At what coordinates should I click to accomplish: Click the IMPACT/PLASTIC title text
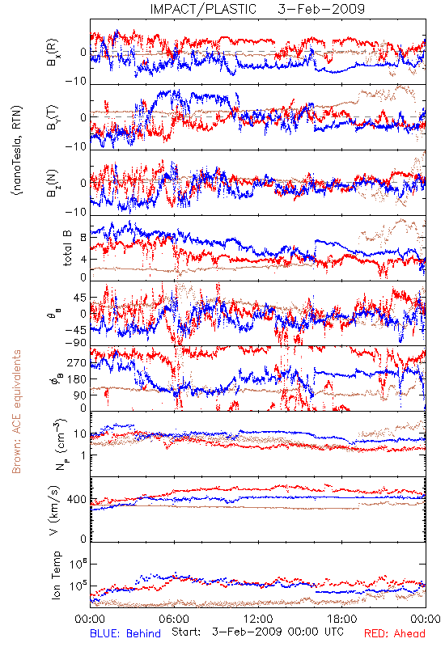point(203,9)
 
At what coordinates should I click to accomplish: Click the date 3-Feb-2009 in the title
point(321,9)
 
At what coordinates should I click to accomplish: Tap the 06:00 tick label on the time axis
point(174,619)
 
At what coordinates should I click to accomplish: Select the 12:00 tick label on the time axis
point(258,619)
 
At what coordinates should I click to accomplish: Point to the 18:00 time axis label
point(342,619)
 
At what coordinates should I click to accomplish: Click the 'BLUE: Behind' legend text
point(125,633)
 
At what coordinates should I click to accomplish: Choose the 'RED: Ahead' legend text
point(395,633)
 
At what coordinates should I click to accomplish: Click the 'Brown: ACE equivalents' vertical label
point(16,412)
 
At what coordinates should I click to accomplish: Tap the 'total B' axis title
point(67,248)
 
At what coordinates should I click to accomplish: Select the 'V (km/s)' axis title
point(54,510)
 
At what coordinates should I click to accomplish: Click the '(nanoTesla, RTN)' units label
point(17,150)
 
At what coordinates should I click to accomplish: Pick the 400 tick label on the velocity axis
point(77,500)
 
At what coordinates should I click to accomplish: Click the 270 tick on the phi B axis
point(77,363)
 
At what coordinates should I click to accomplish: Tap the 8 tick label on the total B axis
point(83,237)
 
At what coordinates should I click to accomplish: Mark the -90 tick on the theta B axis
point(76,343)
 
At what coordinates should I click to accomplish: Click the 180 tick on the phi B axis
point(77,379)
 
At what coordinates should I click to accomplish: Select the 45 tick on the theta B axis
point(80,298)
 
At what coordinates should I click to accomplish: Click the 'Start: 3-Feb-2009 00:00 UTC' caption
point(257,632)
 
